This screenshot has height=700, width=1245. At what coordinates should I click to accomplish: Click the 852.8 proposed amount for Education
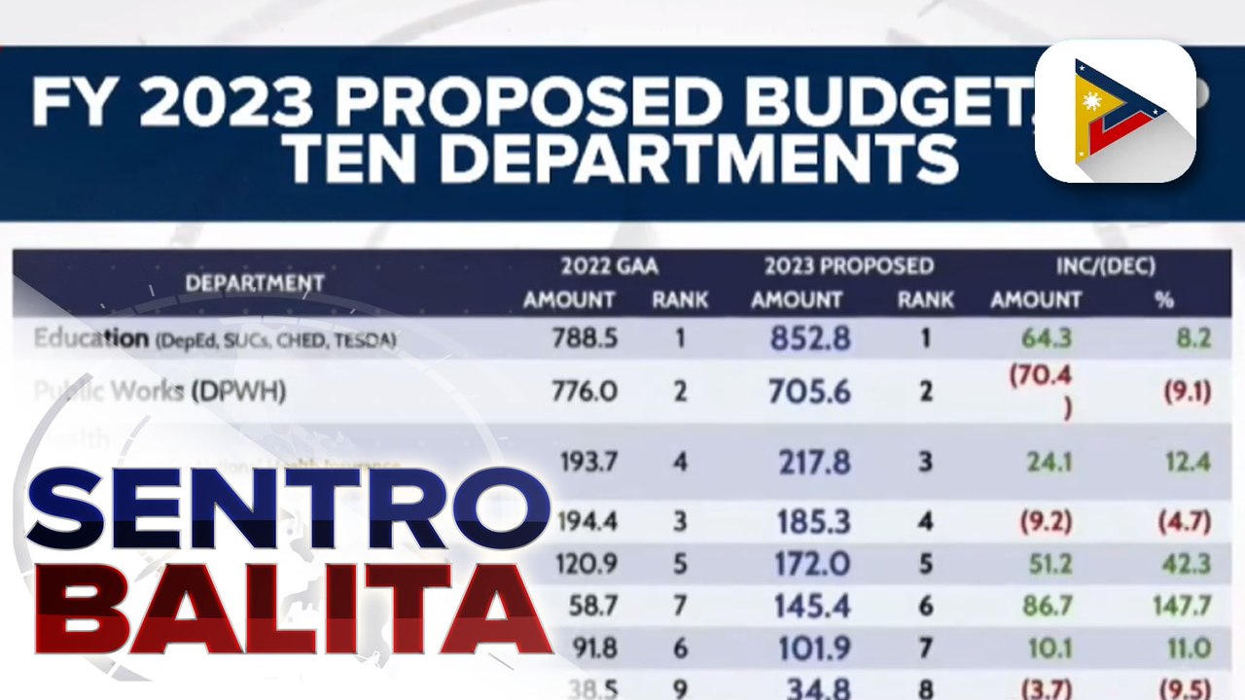810,338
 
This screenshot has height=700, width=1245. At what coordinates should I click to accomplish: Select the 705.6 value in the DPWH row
809,392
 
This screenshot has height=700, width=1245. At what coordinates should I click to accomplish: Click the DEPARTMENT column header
254,284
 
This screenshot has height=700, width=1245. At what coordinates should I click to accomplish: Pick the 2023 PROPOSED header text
848,266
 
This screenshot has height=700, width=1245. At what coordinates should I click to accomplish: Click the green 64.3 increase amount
1047,338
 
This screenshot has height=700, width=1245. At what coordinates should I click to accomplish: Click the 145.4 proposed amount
812,607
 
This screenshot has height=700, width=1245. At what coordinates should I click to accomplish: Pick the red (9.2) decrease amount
1046,522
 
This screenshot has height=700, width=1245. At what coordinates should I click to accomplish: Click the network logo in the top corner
1115,111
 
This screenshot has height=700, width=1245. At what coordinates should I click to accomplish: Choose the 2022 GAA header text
609,266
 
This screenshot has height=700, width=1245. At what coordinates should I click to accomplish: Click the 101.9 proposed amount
812,648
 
